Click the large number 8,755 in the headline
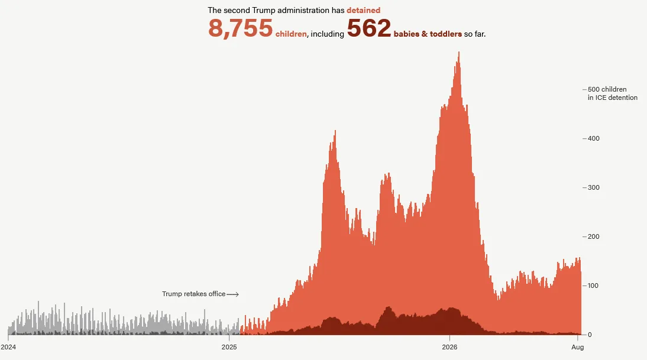click(x=240, y=28)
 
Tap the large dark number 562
click(x=369, y=28)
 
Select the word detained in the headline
click(x=364, y=10)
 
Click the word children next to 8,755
click(x=291, y=34)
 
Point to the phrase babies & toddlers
click(x=428, y=34)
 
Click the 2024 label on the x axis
click(x=8, y=347)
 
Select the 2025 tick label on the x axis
click(x=229, y=347)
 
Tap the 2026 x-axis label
click(x=449, y=347)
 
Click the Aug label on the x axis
click(x=578, y=347)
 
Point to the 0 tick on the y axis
click(x=590, y=335)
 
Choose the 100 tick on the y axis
click(x=593, y=286)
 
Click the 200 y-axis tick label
click(x=593, y=236)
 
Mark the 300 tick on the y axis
click(x=593, y=187)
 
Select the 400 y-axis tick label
click(x=593, y=138)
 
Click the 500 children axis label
click(x=607, y=89)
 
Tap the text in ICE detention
click(x=613, y=98)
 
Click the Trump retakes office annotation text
click(x=193, y=294)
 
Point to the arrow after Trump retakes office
click(x=233, y=294)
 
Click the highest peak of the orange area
click(x=459, y=53)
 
